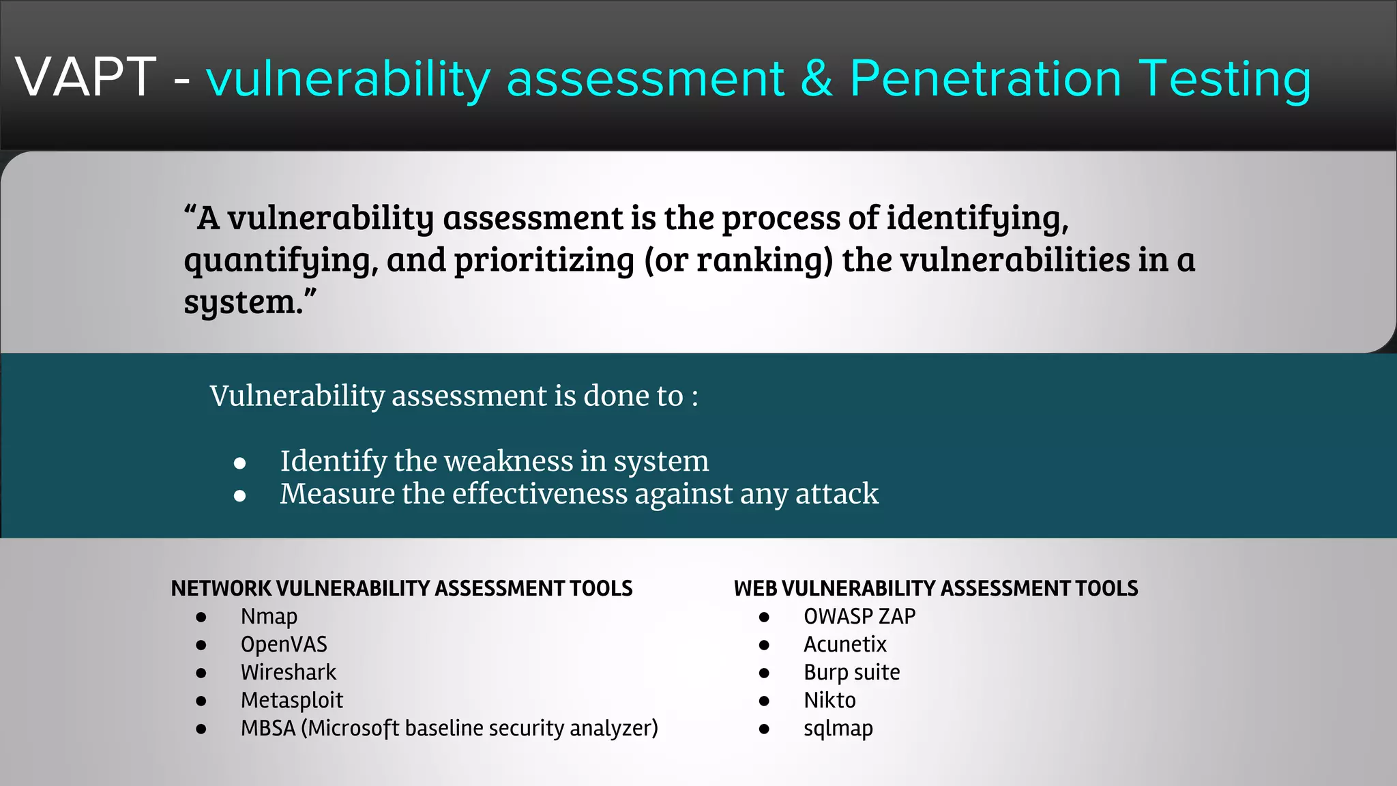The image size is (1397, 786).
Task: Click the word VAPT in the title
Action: pos(86,77)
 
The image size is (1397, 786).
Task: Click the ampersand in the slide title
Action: pos(817,78)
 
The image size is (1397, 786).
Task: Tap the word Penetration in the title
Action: pos(986,78)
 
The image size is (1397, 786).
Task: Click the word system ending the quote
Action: pos(243,302)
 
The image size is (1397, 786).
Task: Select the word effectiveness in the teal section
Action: pos(540,494)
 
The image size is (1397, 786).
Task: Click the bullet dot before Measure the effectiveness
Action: pos(239,496)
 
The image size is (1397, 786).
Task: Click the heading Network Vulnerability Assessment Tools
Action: pos(402,588)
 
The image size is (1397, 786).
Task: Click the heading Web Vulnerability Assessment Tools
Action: pos(936,588)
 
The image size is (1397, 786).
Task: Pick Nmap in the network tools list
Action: pos(269,617)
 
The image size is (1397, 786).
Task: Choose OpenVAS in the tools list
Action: pos(284,645)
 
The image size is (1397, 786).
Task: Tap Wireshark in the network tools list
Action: pos(289,673)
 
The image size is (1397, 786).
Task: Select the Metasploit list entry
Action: pos(292,701)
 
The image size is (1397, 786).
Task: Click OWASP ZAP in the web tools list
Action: pos(859,617)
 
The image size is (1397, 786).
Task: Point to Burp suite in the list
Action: pos(851,673)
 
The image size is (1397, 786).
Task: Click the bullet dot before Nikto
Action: pos(764,701)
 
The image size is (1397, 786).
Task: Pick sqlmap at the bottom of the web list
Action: pos(838,729)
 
